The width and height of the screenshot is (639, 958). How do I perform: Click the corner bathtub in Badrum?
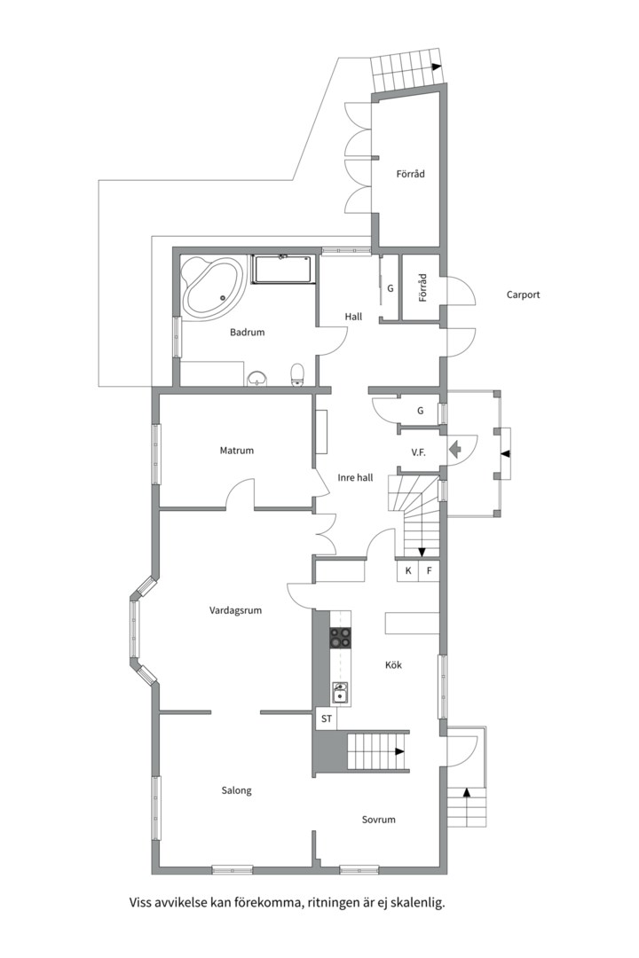(x=213, y=287)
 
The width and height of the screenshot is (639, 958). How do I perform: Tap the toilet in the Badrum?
(x=298, y=374)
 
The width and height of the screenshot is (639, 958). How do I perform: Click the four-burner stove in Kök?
(x=341, y=638)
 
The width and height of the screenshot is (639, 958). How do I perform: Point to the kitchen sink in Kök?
(x=341, y=693)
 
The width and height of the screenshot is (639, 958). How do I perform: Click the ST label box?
(x=327, y=718)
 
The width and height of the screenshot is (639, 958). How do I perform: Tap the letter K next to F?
(x=408, y=571)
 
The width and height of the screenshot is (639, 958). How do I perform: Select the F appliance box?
(x=430, y=571)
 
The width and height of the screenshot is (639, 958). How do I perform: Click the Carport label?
(x=524, y=294)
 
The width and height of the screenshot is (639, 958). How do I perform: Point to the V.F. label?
(x=418, y=452)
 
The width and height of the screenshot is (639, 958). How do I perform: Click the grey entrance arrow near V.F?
(x=455, y=450)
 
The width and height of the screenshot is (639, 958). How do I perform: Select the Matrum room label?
(x=237, y=451)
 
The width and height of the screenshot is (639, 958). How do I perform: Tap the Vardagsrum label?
(x=235, y=609)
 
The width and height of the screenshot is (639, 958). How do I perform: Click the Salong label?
(x=237, y=790)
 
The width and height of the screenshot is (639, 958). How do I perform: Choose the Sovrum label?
(x=378, y=820)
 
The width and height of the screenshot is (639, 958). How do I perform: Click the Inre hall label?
(x=355, y=478)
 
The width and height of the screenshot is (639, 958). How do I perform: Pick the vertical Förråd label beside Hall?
(x=422, y=287)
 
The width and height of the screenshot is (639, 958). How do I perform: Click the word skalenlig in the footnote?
(x=417, y=902)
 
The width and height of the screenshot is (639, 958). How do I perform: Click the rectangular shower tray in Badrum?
(x=282, y=270)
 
